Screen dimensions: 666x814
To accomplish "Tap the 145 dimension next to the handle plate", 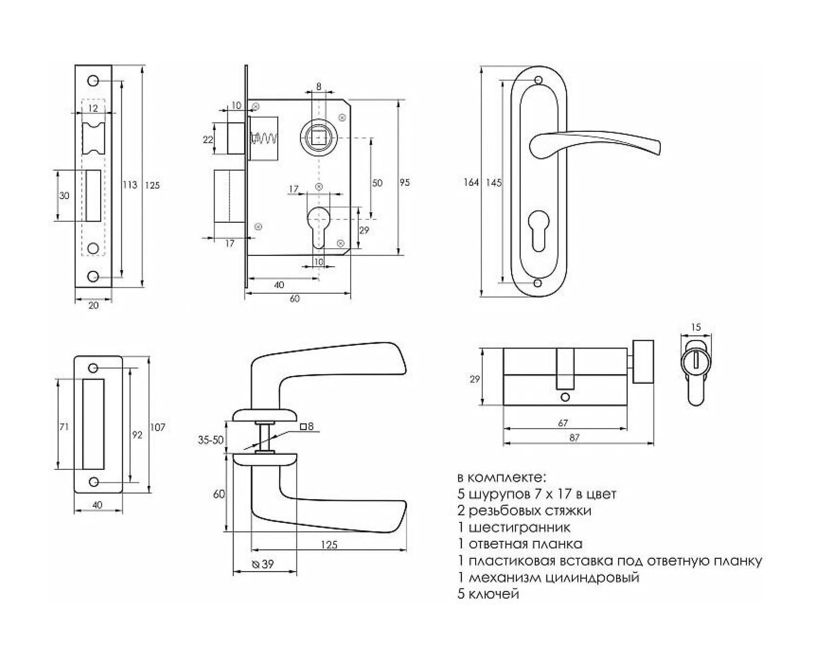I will click(x=493, y=183).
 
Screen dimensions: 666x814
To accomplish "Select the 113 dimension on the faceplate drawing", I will click(x=130, y=185).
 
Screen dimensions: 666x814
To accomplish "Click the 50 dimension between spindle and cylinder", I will click(x=377, y=183).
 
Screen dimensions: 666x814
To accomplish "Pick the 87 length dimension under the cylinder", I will click(x=575, y=437).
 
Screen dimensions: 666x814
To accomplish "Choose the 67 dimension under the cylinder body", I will click(x=563, y=423).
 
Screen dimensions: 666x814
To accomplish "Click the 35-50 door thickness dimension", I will click(x=210, y=440).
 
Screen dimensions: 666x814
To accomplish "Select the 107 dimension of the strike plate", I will click(x=158, y=427).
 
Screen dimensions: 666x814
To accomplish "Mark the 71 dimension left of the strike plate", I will click(x=64, y=426).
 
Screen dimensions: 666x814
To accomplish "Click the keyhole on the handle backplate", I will click(x=539, y=230).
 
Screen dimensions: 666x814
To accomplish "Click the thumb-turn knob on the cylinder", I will click(x=643, y=361).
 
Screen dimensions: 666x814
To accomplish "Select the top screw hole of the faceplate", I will click(x=93, y=81).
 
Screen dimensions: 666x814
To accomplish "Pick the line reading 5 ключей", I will click(x=488, y=593).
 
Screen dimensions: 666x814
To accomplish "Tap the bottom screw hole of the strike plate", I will click(x=93, y=482).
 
